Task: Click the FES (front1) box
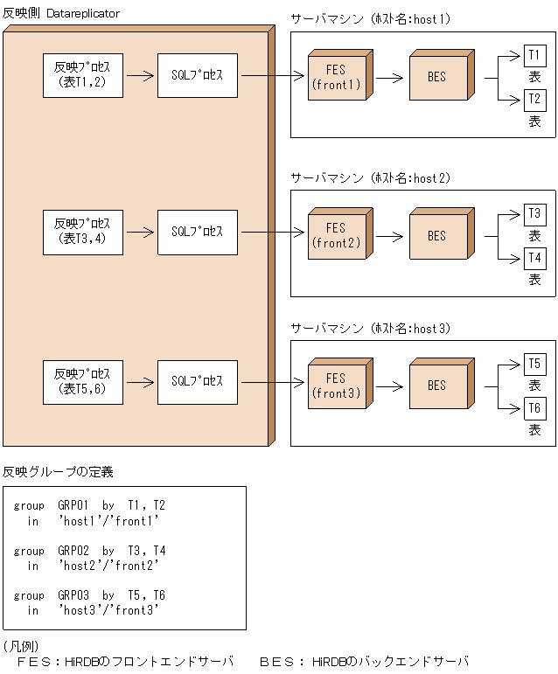tap(336, 78)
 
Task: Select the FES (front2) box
tap(336, 236)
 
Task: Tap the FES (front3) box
tap(336, 386)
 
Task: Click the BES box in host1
tap(436, 78)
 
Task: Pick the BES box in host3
tap(436, 386)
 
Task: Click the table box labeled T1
tap(534, 55)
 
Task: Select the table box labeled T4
tap(534, 258)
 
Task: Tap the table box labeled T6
tap(534, 407)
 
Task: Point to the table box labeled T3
tap(534, 213)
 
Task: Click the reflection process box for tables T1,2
tap(83, 74)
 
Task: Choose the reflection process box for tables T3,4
tap(83, 232)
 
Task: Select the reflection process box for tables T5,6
tap(83, 381)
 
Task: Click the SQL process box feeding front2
tap(197, 232)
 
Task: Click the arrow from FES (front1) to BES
tap(391, 77)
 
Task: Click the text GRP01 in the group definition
tap(73, 505)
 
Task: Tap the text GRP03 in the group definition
tap(73, 595)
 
